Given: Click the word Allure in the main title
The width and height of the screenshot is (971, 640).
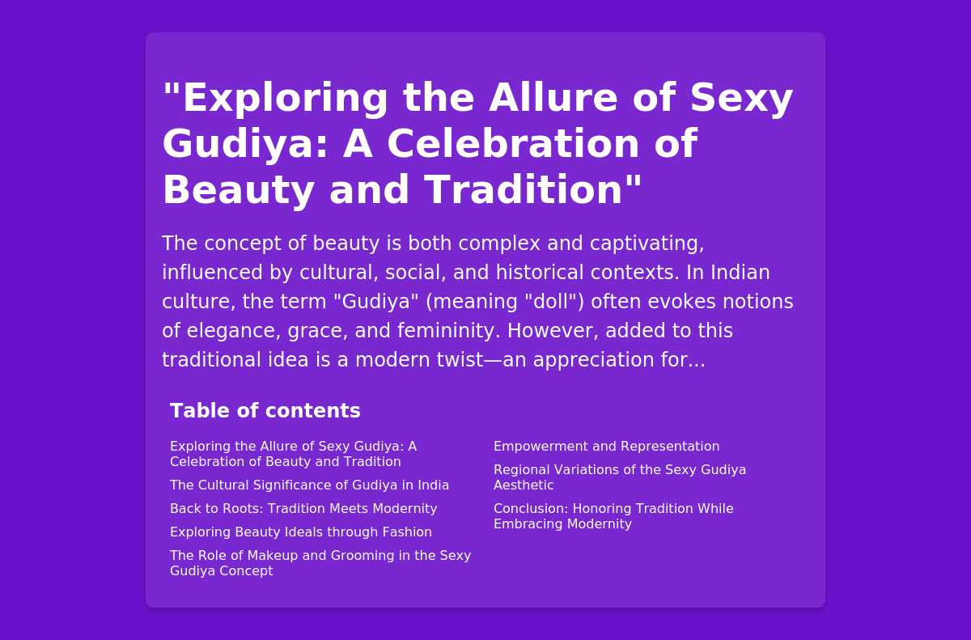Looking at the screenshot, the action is tap(553, 97).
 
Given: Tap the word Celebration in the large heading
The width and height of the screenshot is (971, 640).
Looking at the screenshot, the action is tap(513, 143).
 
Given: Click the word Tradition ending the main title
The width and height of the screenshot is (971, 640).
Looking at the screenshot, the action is tap(532, 189).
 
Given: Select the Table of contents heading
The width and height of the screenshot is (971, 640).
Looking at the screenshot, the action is tap(265, 410).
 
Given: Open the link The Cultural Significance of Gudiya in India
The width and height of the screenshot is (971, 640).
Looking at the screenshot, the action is tap(309, 485).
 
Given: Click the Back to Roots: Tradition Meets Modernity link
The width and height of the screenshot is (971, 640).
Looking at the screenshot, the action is tap(303, 508).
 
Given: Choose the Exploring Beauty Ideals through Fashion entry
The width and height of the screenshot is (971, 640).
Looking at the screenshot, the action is tap(301, 532).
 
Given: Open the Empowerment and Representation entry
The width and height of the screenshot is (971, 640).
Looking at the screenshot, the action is tap(606, 447).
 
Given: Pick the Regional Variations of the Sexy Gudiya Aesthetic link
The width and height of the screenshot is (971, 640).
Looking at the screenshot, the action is tap(620, 477).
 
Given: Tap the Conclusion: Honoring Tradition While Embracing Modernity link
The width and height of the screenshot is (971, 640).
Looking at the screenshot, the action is tap(613, 516).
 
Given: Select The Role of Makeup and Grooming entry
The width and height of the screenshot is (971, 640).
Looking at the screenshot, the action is tap(320, 563).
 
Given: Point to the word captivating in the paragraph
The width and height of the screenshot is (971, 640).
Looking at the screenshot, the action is tap(647, 243).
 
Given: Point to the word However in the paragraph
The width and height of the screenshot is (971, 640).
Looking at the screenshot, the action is tap(553, 331).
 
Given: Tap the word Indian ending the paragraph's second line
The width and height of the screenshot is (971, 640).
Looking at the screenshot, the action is tap(740, 272).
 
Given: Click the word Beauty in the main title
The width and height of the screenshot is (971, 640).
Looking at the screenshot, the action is tap(238, 189).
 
